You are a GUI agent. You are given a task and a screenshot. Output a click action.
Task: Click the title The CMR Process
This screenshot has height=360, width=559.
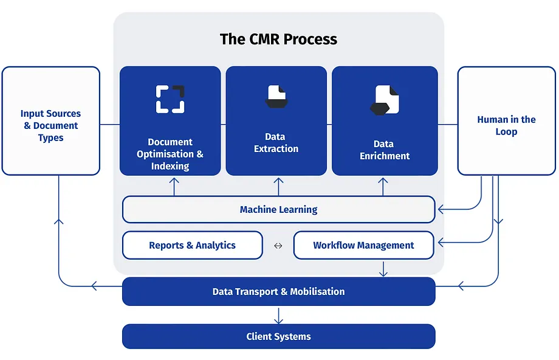(x=278, y=40)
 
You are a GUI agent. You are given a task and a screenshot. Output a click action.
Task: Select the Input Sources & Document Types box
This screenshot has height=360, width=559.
(x=50, y=122)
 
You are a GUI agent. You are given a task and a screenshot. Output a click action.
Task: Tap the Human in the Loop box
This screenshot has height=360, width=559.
(x=506, y=122)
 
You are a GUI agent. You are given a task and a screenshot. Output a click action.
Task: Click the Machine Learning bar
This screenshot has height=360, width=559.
(x=278, y=210)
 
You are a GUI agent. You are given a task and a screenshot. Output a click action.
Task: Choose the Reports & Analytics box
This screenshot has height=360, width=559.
(x=192, y=246)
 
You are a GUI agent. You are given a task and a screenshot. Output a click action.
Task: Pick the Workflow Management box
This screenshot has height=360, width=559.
(x=363, y=246)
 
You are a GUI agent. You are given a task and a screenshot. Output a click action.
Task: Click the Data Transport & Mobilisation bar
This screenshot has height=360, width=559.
(x=278, y=292)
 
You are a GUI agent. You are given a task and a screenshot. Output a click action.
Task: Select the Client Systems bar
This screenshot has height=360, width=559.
(x=278, y=336)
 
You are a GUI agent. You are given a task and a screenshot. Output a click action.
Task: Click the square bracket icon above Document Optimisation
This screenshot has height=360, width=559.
(x=170, y=99)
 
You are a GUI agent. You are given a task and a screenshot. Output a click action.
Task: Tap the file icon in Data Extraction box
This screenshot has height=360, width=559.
(x=276, y=96)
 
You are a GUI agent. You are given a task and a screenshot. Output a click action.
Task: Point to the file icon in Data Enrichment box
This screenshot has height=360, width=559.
(x=385, y=100)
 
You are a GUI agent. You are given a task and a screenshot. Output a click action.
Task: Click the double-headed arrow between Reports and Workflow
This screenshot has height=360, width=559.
(x=278, y=246)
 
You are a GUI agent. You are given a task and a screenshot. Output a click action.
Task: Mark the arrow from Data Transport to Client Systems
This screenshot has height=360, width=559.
(x=278, y=316)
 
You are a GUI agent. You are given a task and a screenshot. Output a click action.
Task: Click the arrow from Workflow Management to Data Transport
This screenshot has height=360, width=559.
(x=383, y=269)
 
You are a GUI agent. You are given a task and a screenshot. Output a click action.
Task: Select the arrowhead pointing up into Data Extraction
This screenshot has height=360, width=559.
(x=278, y=182)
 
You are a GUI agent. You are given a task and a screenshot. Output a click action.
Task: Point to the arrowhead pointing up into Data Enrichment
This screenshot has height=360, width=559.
(x=383, y=182)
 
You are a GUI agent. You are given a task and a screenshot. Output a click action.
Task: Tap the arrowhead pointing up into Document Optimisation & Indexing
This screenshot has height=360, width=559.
(x=174, y=182)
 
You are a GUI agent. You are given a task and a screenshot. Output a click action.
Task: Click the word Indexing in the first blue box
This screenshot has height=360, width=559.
(x=170, y=166)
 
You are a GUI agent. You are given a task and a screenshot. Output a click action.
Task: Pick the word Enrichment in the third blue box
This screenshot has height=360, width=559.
(x=385, y=156)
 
